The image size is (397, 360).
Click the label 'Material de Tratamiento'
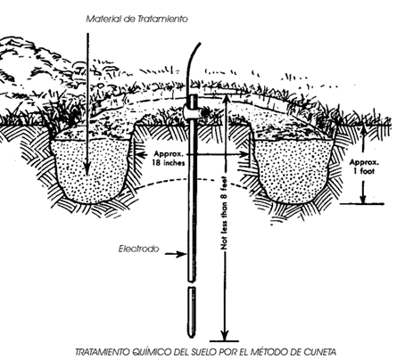click(137, 19)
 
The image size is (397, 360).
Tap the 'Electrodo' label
click(139, 249)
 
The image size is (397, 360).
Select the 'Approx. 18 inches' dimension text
click(169, 158)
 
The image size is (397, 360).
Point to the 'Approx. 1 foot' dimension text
click(364, 167)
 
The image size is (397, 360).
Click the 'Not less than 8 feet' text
click(224, 213)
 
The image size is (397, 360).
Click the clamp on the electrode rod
click(193, 112)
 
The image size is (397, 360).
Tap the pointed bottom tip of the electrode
click(192, 337)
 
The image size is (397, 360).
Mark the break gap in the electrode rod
click(192, 284)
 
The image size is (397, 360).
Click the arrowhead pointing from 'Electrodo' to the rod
click(181, 254)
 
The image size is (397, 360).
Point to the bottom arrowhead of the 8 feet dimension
click(225, 335)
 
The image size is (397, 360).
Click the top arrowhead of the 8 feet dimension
click(226, 101)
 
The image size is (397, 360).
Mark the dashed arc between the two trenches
click(194, 180)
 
